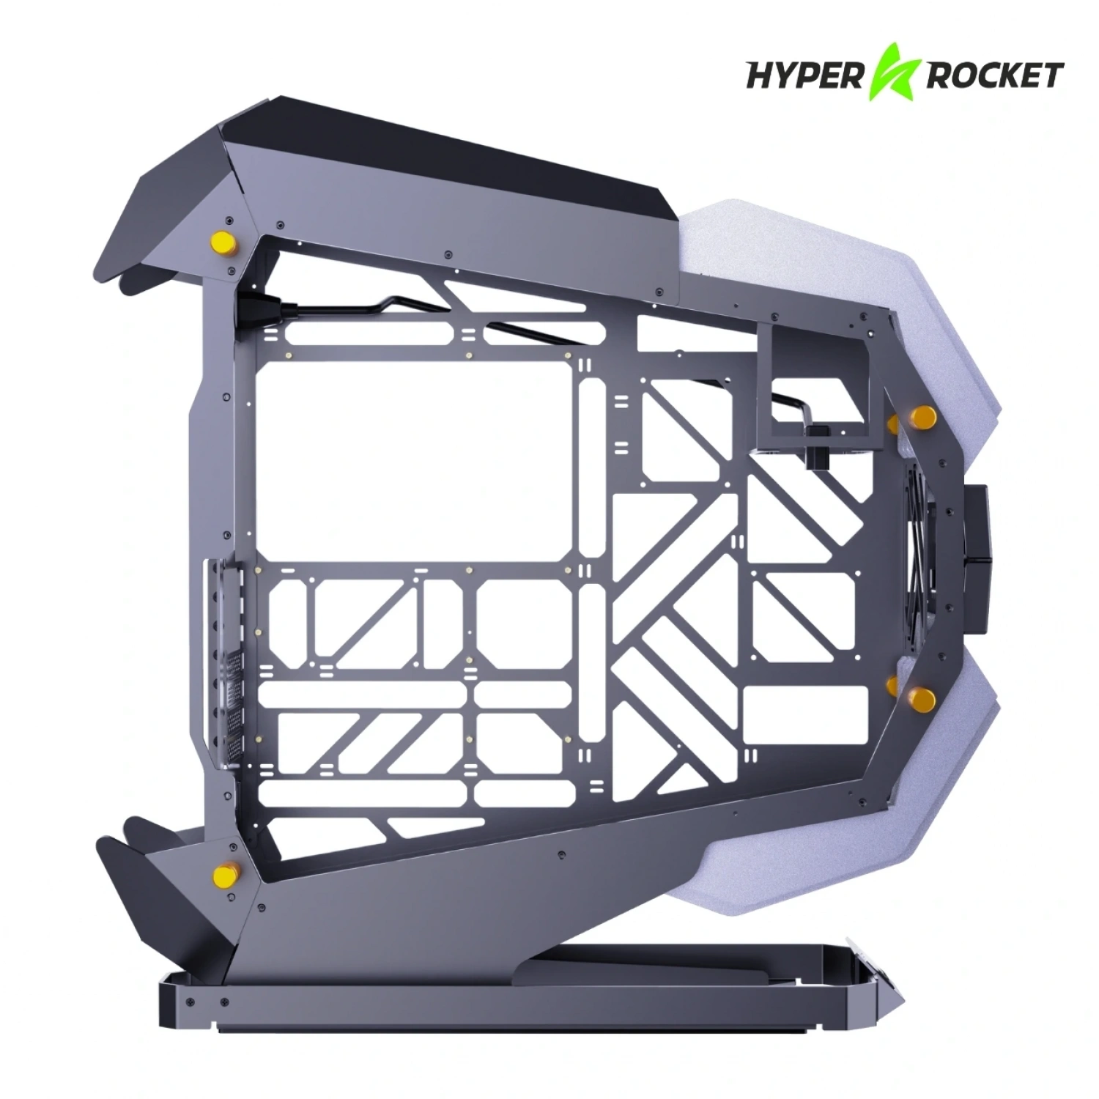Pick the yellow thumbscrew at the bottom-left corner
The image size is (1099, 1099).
click(220, 873)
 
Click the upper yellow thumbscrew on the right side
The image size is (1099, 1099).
click(920, 418)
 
